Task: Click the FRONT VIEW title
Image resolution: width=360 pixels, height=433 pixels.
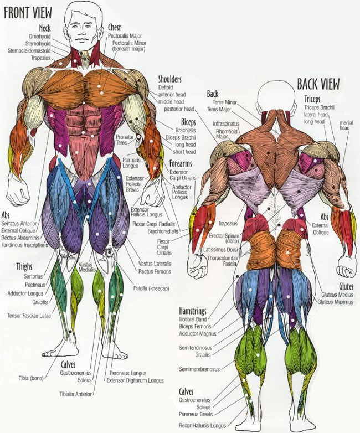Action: coord(28,12)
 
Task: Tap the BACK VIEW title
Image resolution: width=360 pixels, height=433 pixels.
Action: coord(318,84)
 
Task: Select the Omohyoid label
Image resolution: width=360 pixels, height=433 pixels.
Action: coord(40,37)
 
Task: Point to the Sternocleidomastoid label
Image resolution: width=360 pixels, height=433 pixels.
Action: coord(29,51)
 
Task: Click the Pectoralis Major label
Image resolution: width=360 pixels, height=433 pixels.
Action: coord(125,36)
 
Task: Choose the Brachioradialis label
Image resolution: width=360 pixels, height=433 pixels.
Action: coord(163,231)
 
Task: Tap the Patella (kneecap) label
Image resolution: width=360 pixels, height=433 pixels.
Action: coord(151,288)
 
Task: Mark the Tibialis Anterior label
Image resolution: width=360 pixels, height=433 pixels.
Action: coord(75,394)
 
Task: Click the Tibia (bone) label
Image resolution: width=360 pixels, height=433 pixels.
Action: coord(31,378)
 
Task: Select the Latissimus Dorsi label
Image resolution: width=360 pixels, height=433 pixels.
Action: coord(220,250)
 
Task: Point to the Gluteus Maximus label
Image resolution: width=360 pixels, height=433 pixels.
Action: coord(336,302)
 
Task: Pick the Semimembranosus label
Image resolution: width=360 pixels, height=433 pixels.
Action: coord(199,369)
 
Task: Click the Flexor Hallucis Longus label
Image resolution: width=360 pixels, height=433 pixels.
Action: coord(202,426)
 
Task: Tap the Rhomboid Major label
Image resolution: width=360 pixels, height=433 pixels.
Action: coord(227,134)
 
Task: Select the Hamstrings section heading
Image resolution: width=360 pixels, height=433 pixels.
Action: coord(193,311)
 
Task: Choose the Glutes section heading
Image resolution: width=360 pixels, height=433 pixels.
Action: coord(346,286)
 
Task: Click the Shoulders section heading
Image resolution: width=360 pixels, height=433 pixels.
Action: coord(169,79)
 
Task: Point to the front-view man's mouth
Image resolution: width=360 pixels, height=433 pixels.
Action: coord(82,39)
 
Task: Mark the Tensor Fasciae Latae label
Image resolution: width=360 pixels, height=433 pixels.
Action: coord(29,316)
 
